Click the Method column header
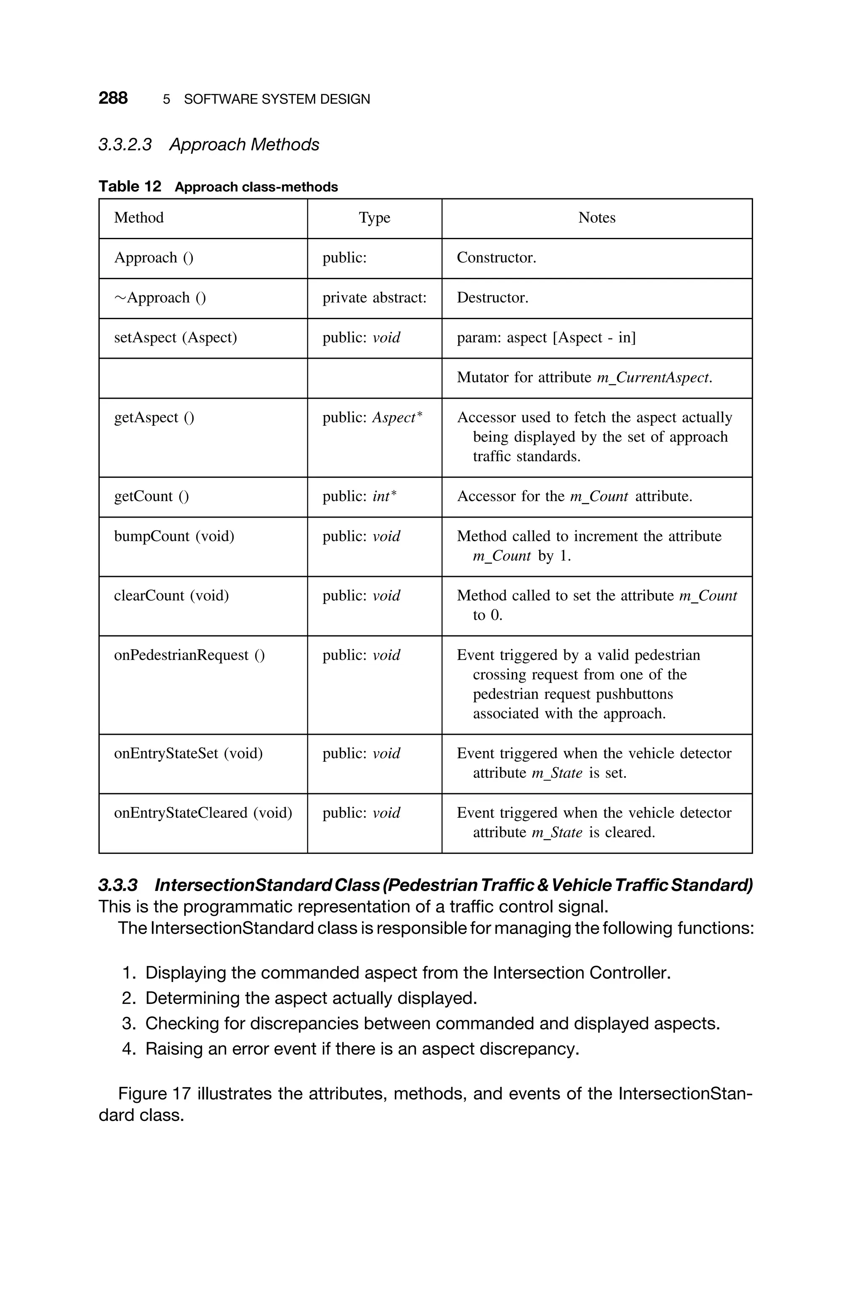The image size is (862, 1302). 138,218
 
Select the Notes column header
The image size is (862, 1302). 596,218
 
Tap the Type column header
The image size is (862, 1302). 374,218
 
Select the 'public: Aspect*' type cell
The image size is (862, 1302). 372,417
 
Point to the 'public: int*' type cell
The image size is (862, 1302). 359,496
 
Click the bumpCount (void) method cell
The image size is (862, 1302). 174,536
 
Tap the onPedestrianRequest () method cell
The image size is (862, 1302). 189,655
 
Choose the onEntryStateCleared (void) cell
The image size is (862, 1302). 203,813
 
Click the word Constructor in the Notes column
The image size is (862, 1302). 495,257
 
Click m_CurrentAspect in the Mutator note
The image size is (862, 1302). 654,378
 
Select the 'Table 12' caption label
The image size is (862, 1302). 130,187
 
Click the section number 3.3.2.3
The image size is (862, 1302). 125,144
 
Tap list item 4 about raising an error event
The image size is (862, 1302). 362,1049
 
